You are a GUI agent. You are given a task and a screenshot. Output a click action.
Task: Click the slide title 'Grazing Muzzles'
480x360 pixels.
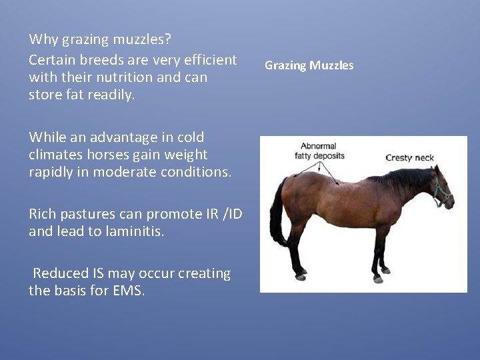tap(309, 65)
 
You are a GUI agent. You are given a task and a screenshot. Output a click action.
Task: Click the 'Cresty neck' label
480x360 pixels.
tap(409, 158)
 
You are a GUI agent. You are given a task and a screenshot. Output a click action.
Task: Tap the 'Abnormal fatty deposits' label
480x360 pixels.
tap(319, 151)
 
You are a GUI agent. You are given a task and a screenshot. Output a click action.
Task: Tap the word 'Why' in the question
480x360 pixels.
tap(44, 39)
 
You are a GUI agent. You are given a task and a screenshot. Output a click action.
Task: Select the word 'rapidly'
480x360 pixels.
tap(52, 172)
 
